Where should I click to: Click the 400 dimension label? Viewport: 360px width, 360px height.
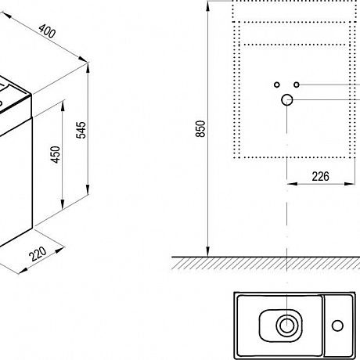[47, 31]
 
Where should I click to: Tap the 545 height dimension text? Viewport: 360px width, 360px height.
[81, 130]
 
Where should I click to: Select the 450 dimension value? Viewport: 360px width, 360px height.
[56, 155]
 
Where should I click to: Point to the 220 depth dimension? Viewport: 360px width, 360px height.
[38, 254]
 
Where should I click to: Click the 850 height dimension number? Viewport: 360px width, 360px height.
[200, 128]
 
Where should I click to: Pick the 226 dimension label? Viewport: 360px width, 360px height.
[321, 177]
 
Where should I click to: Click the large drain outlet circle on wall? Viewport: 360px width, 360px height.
[287, 100]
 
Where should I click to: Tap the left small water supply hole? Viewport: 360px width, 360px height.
[277, 85]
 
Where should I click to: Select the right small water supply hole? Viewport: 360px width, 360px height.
[297, 85]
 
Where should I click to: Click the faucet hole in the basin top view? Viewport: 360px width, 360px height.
[337, 326]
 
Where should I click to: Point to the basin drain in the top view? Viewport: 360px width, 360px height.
[287, 326]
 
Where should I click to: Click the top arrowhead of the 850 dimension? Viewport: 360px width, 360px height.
[207, 7]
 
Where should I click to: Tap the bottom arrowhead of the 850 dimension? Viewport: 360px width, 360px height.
[207, 251]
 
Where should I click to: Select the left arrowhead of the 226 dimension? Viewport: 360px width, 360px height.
[292, 184]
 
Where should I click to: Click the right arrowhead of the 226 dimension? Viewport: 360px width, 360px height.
[350, 184]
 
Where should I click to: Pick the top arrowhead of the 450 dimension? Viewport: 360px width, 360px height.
[63, 106]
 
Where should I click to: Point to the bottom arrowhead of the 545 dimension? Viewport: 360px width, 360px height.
[88, 189]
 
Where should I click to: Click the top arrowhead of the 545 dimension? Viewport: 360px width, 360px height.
[88, 68]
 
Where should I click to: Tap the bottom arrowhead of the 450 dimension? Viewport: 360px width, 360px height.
[63, 204]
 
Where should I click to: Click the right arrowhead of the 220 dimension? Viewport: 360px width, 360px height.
[59, 250]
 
